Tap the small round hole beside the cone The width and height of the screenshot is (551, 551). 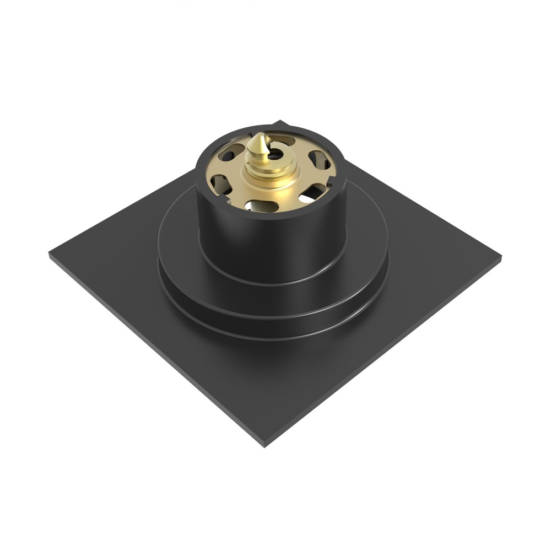coord(274,155)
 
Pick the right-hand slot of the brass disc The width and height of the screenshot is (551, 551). coord(321,160)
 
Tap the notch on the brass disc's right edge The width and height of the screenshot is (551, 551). coord(334,177)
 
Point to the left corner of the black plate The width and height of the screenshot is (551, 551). coord(51,255)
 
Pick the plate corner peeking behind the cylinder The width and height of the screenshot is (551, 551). coord(282,122)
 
